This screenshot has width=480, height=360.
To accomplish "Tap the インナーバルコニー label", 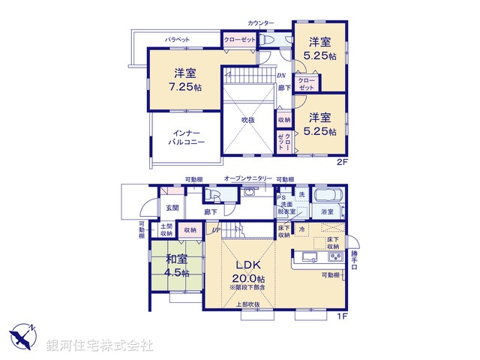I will tap(186, 136).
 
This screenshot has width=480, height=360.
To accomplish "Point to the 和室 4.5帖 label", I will tap(175, 266).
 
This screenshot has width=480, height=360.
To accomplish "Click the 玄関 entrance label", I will tap(172, 208).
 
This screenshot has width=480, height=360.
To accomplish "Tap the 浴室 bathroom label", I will tap(328, 213).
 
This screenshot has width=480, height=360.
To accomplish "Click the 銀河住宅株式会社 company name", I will tap(100, 345).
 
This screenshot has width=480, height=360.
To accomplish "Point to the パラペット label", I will tap(177, 39).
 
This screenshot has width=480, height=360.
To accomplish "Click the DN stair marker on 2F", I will tap(280, 76).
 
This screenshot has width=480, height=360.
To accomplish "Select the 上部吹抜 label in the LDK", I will tap(247, 304).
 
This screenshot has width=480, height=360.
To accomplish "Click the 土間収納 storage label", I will tap(166, 230).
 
